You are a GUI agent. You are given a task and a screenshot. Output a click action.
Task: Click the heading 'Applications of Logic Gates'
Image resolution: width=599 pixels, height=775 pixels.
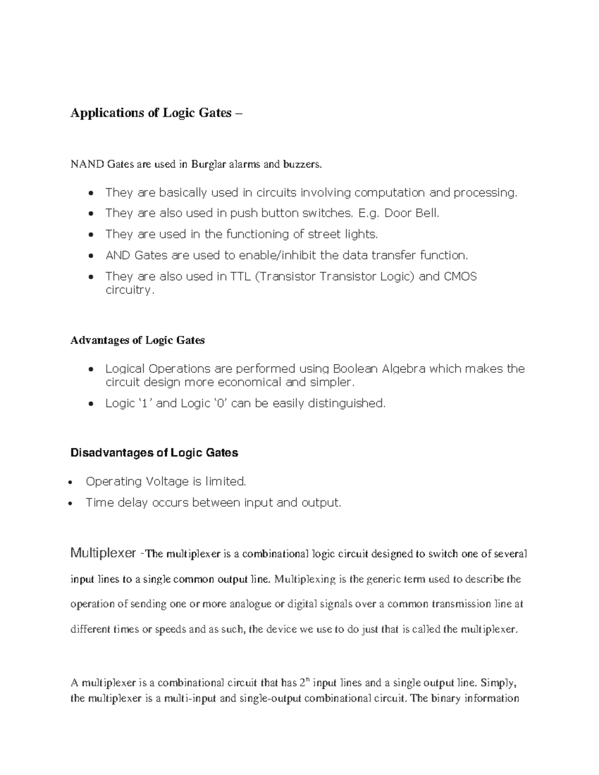click(151, 113)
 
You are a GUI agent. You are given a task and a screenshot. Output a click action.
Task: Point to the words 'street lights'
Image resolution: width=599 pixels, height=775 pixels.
click(342, 234)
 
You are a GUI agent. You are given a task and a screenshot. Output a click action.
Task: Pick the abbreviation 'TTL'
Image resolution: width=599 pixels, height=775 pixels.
click(241, 276)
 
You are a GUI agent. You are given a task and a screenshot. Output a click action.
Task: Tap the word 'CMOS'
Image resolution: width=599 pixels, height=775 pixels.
click(460, 276)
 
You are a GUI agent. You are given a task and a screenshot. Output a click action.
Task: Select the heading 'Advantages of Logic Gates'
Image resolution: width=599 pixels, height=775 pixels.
click(137, 340)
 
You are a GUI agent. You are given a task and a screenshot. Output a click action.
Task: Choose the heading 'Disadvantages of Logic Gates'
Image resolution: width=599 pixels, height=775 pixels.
click(154, 453)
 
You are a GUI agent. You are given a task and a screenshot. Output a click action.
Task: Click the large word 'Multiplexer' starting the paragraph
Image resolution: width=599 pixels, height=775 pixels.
click(103, 553)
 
